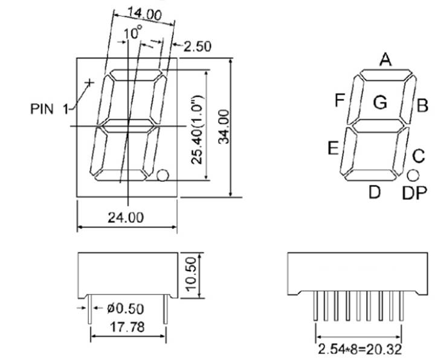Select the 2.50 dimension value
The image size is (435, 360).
(197, 47)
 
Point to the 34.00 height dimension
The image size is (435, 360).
(224, 126)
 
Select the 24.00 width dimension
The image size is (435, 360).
(126, 217)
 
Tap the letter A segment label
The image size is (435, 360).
(385, 59)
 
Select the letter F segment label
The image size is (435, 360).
(340, 100)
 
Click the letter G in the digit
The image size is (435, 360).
(380, 103)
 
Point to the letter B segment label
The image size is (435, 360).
(422, 107)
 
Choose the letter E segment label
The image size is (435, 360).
(333, 148)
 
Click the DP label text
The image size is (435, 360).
(415, 193)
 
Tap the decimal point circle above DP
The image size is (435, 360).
(413, 175)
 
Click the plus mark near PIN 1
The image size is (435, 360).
(90, 82)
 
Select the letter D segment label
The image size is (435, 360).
(375, 192)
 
